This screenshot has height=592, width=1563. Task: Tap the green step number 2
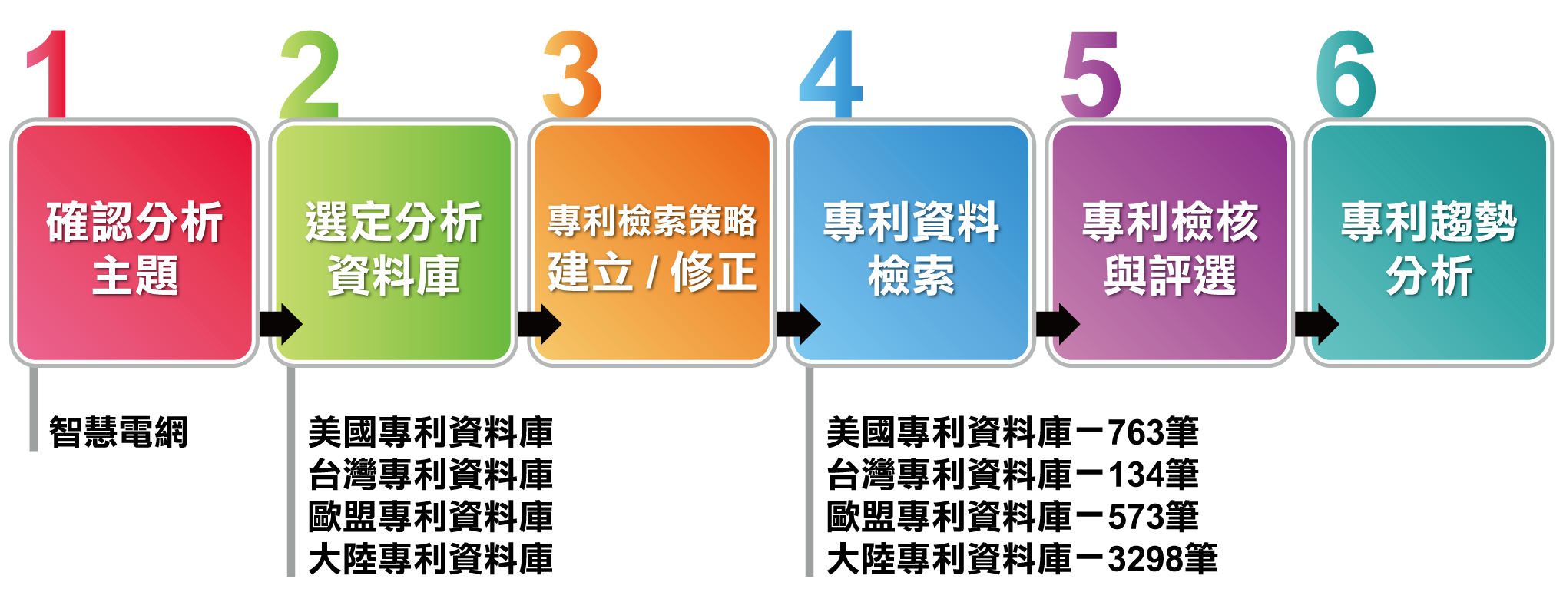pyautogui.click(x=310, y=74)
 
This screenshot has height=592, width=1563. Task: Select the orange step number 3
pyautogui.click(x=572, y=74)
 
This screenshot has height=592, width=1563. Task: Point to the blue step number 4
pyautogui.click(x=832, y=74)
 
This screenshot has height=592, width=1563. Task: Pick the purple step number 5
pyautogui.click(x=1091, y=74)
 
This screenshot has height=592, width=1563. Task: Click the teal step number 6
pyautogui.click(x=1346, y=74)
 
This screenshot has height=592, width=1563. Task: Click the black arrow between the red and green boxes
pyautogui.click(x=280, y=324)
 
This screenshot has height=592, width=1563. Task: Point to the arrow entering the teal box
pyautogui.click(x=1316, y=324)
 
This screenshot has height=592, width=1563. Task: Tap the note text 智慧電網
pyautogui.click(x=118, y=432)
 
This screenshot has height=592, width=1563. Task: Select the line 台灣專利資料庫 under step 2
pyautogui.click(x=430, y=475)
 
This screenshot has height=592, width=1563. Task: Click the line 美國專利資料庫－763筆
pyautogui.click(x=1012, y=432)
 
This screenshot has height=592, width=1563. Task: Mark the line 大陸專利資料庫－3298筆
pyautogui.click(x=1022, y=559)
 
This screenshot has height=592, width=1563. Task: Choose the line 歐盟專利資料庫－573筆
pyautogui.click(x=1012, y=517)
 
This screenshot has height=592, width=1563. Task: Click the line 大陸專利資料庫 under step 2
pyautogui.click(x=430, y=559)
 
